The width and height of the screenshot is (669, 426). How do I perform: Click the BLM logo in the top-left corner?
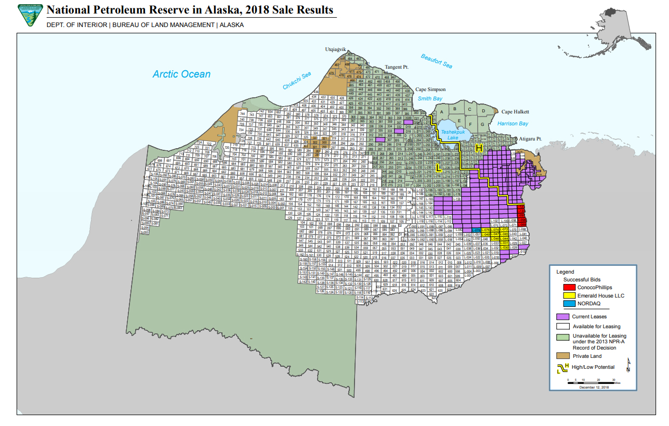click(30, 16)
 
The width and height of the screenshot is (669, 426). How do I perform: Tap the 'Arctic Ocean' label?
click(181, 74)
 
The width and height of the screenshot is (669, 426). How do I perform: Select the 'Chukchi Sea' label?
click(297, 81)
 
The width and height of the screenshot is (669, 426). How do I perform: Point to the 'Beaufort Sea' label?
click(436, 61)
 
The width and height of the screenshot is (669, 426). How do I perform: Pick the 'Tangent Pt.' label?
click(397, 68)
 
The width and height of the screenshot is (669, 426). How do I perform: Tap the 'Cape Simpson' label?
click(430, 89)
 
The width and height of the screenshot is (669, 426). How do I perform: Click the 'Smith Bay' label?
click(430, 98)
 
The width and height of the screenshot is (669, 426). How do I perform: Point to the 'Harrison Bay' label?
click(513, 124)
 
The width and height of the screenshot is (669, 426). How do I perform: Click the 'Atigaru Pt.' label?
click(530, 139)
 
